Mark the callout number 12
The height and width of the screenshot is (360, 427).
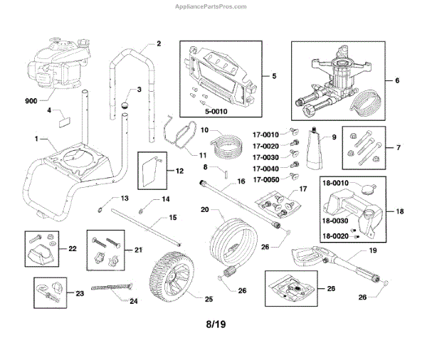179,171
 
